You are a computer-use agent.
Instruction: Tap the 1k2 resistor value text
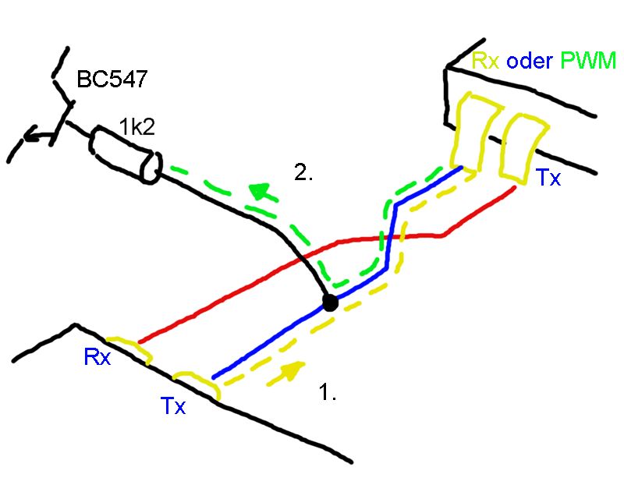[136, 125]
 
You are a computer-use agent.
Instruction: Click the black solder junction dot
[330, 303]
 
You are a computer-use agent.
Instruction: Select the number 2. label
[303, 174]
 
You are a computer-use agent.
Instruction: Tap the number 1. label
[328, 392]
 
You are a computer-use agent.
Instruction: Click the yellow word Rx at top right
[487, 60]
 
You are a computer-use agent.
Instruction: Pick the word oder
[534, 60]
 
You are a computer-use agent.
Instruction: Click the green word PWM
[593, 60]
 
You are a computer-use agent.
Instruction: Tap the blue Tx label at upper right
[548, 179]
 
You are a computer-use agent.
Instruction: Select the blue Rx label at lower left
[97, 358]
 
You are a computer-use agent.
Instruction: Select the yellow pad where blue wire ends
[473, 129]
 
